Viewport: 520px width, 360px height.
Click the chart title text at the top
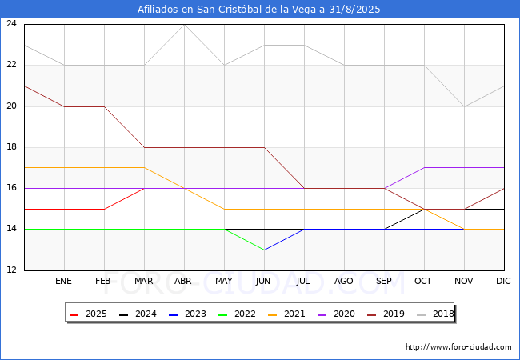tap(258, 10)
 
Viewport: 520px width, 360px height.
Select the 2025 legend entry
tap(88, 314)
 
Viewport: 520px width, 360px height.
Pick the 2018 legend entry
tap(435, 314)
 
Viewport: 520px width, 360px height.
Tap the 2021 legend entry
tap(286, 314)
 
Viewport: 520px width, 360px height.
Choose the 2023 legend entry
tap(187, 314)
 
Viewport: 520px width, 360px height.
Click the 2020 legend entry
tap(336, 314)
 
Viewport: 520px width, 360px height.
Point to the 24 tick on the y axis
tap(11, 23)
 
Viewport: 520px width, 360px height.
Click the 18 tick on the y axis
tap(11, 147)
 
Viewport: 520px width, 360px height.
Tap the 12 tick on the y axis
tap(11, 270)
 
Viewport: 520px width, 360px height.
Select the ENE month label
tap(63, 281)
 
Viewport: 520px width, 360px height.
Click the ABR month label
tap(183, 281)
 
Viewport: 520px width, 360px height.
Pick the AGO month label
tap(343, 281)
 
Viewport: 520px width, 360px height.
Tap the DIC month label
tap(503, 281)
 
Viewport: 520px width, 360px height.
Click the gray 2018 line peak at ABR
tap(184, 25)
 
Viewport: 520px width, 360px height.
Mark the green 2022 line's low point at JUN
tap(264, 250)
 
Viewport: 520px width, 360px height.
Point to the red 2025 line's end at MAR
tap(144, 188)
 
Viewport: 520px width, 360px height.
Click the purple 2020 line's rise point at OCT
tap(424, 168)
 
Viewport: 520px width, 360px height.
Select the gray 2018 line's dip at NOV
tap(464, 106)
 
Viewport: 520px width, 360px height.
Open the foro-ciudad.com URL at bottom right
tap(458, 347)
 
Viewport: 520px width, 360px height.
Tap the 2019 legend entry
tap(386, 314)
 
